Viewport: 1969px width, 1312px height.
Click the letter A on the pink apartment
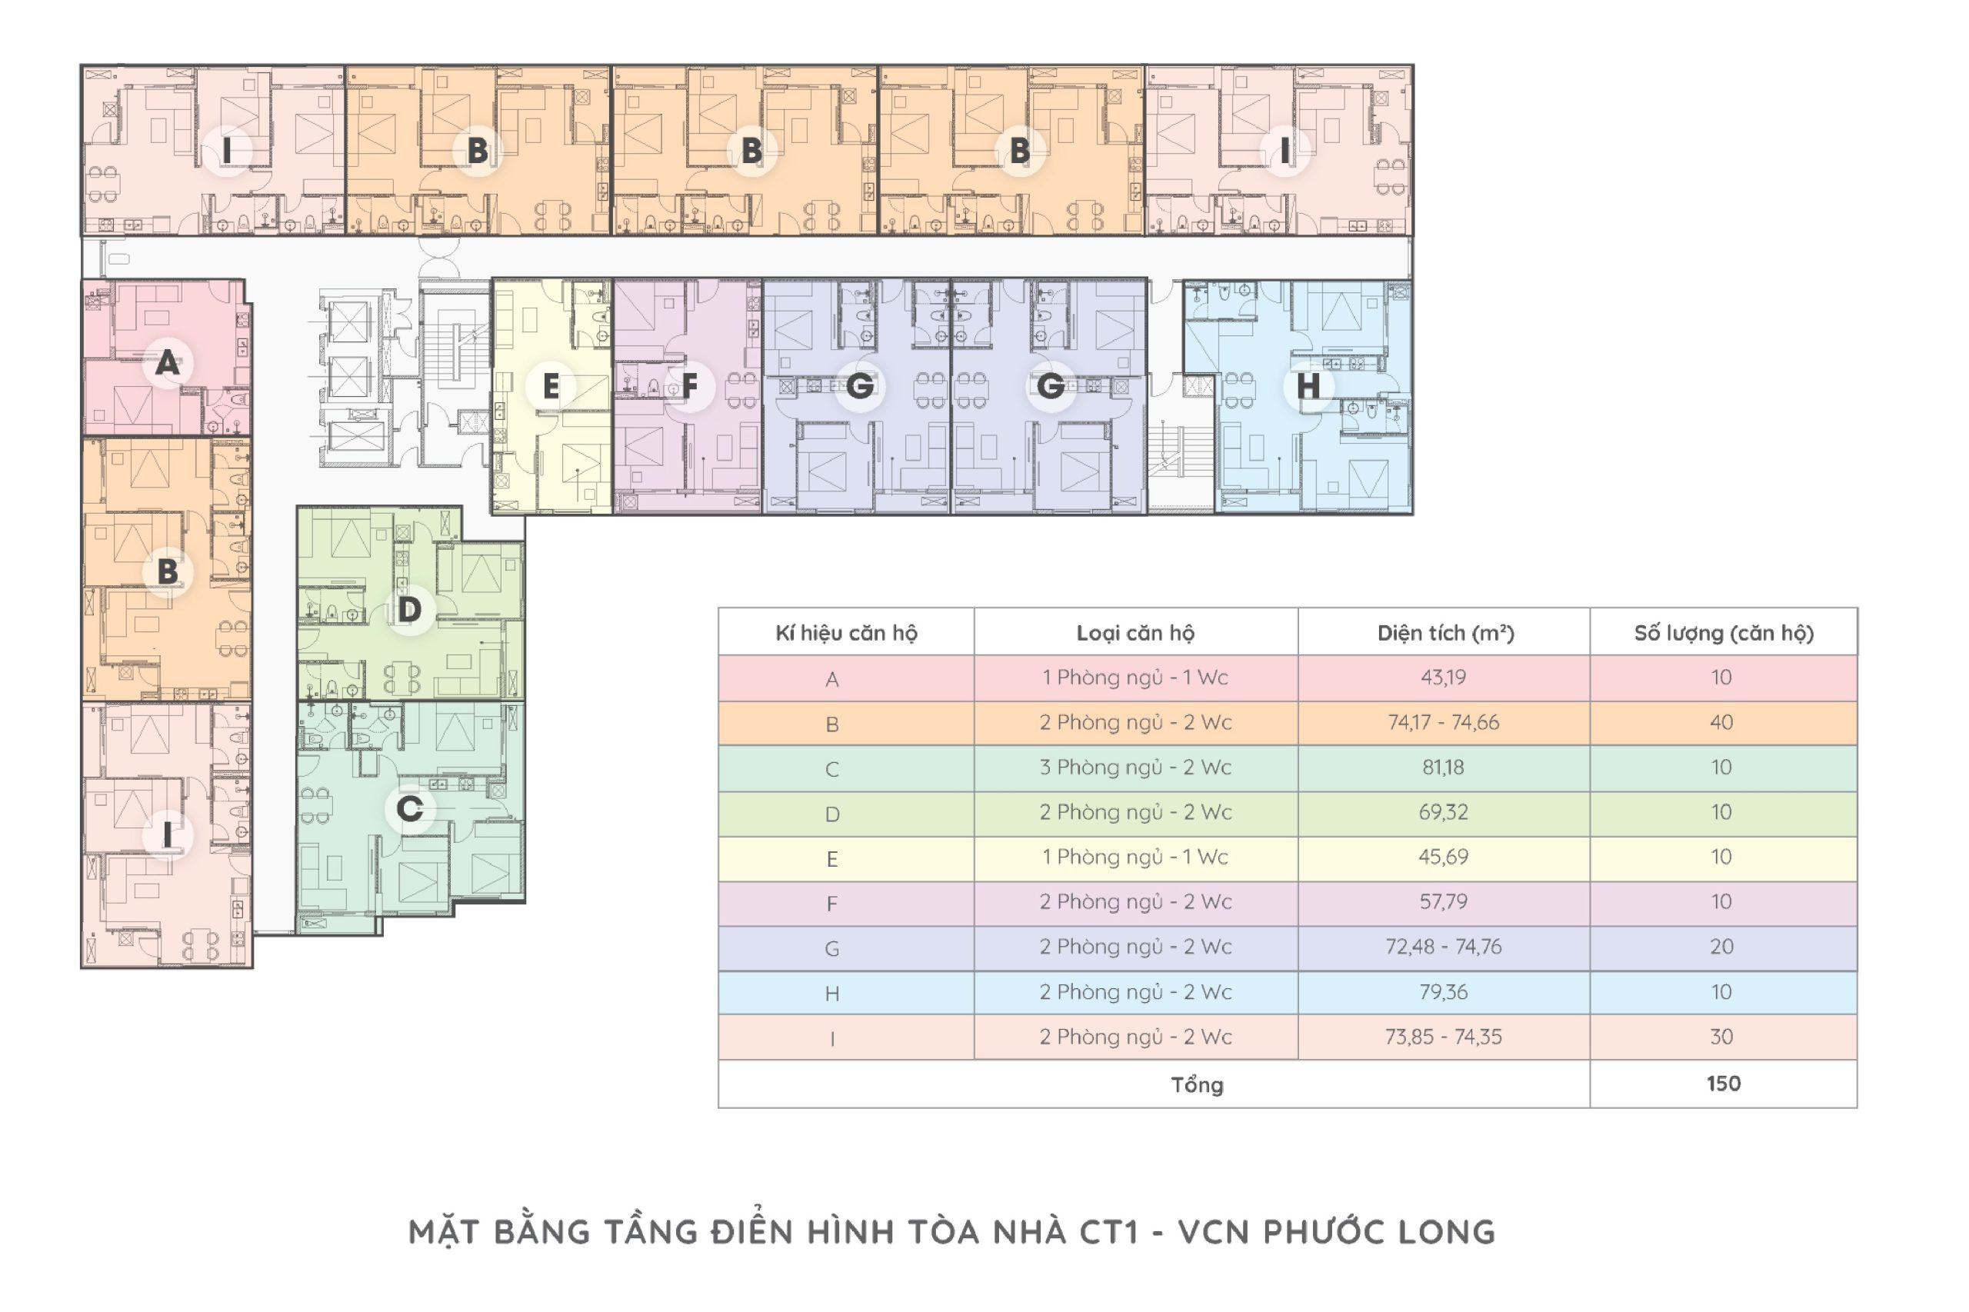coord(168,363)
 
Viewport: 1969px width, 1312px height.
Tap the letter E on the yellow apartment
coord(551,387)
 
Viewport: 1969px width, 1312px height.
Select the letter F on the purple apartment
coord(689,386)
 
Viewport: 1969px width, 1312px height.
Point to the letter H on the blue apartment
coord(1308,386)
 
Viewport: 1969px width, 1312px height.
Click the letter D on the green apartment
coord(409,609)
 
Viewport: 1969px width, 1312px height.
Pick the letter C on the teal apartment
coord(409,808)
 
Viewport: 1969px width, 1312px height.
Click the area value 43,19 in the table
coord(1444,678)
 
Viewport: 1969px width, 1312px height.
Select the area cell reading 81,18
coord(1444,768)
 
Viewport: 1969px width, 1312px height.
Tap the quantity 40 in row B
coord(1721,723)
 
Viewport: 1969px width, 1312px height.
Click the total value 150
coord(1723,1084)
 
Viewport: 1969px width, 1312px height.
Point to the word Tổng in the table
coord(1197,1085)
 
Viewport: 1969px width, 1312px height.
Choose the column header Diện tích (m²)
coord(1445,634)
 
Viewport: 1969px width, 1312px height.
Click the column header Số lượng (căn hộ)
coord(1724,634)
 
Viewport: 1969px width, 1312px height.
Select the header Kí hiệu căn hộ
coord(846,634)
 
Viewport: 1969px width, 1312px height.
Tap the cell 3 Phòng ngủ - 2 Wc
coord(1135,768)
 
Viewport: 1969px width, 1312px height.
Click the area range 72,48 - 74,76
coord(1444,947)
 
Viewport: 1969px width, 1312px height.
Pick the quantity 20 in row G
coord(1721,947)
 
